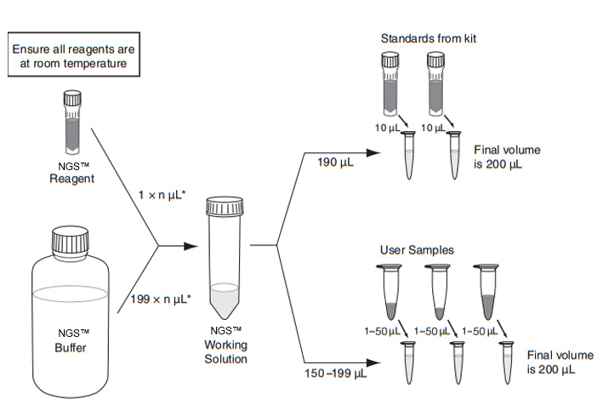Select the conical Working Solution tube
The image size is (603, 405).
(225, 255)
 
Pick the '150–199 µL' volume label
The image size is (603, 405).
(334, 372)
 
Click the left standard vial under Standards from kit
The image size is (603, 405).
(390, 85)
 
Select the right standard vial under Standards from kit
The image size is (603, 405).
(436, 85)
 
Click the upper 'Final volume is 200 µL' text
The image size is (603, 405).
(508, 157)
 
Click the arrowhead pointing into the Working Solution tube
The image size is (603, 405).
(195, 248)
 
